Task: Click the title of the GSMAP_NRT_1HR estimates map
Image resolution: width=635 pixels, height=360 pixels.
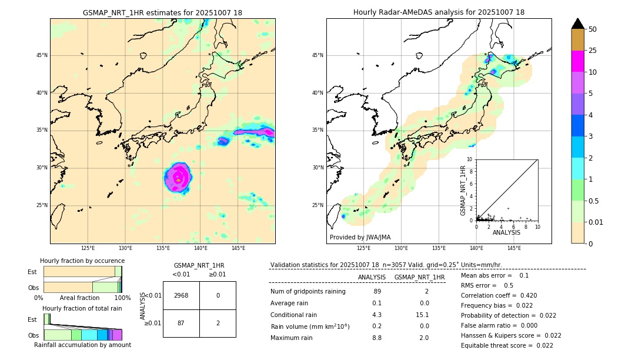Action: (162, 12)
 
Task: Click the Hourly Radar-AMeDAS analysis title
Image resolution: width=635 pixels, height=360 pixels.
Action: (439, 12)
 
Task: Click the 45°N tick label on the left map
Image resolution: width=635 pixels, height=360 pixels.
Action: (42, 55)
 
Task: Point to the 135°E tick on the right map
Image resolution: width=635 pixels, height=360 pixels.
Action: (439, 248)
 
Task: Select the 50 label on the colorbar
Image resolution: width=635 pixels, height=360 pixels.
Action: (593, 29)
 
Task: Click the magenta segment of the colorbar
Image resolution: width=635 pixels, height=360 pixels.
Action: (577, 61)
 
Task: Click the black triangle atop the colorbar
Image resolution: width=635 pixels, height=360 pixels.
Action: (577, 24)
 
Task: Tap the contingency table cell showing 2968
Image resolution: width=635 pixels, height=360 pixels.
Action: (181, 295)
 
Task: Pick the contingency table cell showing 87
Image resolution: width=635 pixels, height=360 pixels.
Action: (181, 323)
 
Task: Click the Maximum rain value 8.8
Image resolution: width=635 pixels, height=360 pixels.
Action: (377, 338)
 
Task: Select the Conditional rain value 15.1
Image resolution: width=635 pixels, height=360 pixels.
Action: (423, 315)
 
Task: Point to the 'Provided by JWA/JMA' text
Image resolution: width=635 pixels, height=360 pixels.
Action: (360, 237)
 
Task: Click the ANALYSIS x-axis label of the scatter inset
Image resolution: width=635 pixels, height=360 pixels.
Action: (506, 232)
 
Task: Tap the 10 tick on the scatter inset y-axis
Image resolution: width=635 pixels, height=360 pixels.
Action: (470, 159)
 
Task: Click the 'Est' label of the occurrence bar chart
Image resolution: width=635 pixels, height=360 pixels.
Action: (32, 272)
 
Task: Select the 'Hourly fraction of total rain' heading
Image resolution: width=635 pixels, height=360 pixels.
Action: (82, 308)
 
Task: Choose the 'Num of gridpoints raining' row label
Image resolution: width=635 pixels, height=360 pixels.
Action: (308, 292)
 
